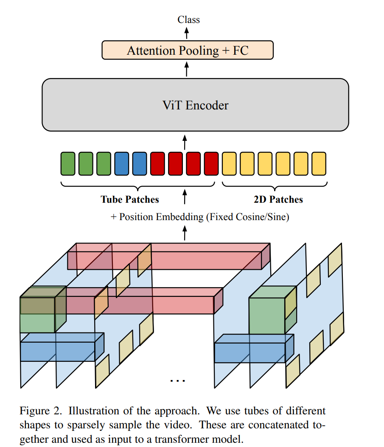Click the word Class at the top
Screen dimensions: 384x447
point(188,20)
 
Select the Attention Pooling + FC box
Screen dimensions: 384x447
point(188,50)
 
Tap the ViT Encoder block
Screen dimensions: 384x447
point(195,105)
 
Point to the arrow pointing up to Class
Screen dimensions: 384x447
point(187,33)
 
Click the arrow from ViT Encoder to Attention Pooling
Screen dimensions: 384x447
point(187,69)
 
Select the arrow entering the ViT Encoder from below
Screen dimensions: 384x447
point(185,142)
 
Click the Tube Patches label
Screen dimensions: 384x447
point(130,199)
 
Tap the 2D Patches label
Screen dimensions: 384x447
point(278,199)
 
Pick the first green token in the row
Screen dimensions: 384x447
point(68,164)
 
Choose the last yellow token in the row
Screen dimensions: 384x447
point(319,164)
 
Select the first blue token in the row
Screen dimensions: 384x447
point(121,164)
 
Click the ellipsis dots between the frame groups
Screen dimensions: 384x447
point(177,380)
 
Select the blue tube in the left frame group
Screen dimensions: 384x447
point(62,347)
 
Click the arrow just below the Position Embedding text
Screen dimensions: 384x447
point(185,233)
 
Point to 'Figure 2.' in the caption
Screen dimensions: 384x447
point(40,411)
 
